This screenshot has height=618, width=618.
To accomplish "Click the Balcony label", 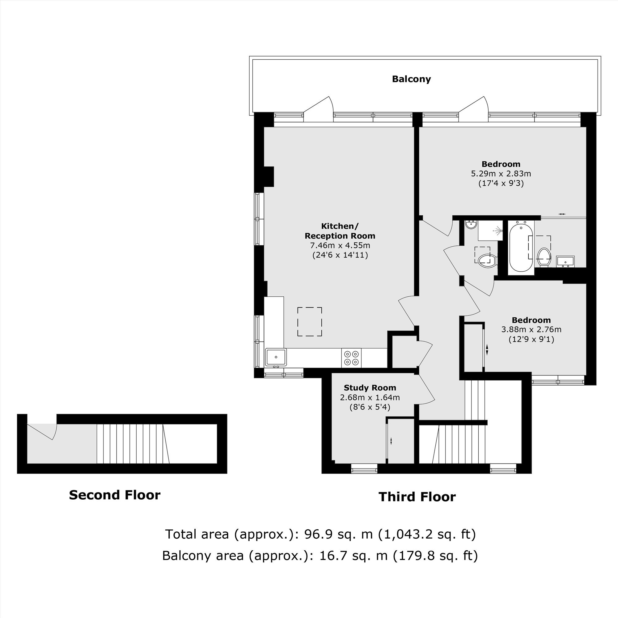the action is click(411, 79).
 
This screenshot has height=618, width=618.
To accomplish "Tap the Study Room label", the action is click(370, 388).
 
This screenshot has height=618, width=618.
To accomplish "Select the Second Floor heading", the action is click(115, 495).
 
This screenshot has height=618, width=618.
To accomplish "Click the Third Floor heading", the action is click(417, 497).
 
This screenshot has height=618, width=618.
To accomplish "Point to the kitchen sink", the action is click(276, 357).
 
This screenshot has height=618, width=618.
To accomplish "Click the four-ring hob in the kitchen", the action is click(352, 358).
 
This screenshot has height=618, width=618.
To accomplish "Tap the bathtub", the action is click(521, 248).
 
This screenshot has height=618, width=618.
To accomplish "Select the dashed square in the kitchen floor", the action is click(310, 321).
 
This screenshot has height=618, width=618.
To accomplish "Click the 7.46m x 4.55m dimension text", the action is click(340, 245).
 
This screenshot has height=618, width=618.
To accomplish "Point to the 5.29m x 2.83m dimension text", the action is click(501, 174).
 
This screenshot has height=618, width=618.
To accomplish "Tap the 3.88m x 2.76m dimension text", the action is click(531, 329).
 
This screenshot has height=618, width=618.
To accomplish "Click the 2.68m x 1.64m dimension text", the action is click(370, 397).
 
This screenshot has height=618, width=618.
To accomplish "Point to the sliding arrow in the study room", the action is click(391, 441).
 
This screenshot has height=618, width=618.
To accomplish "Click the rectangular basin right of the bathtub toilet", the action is click(565, 261).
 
